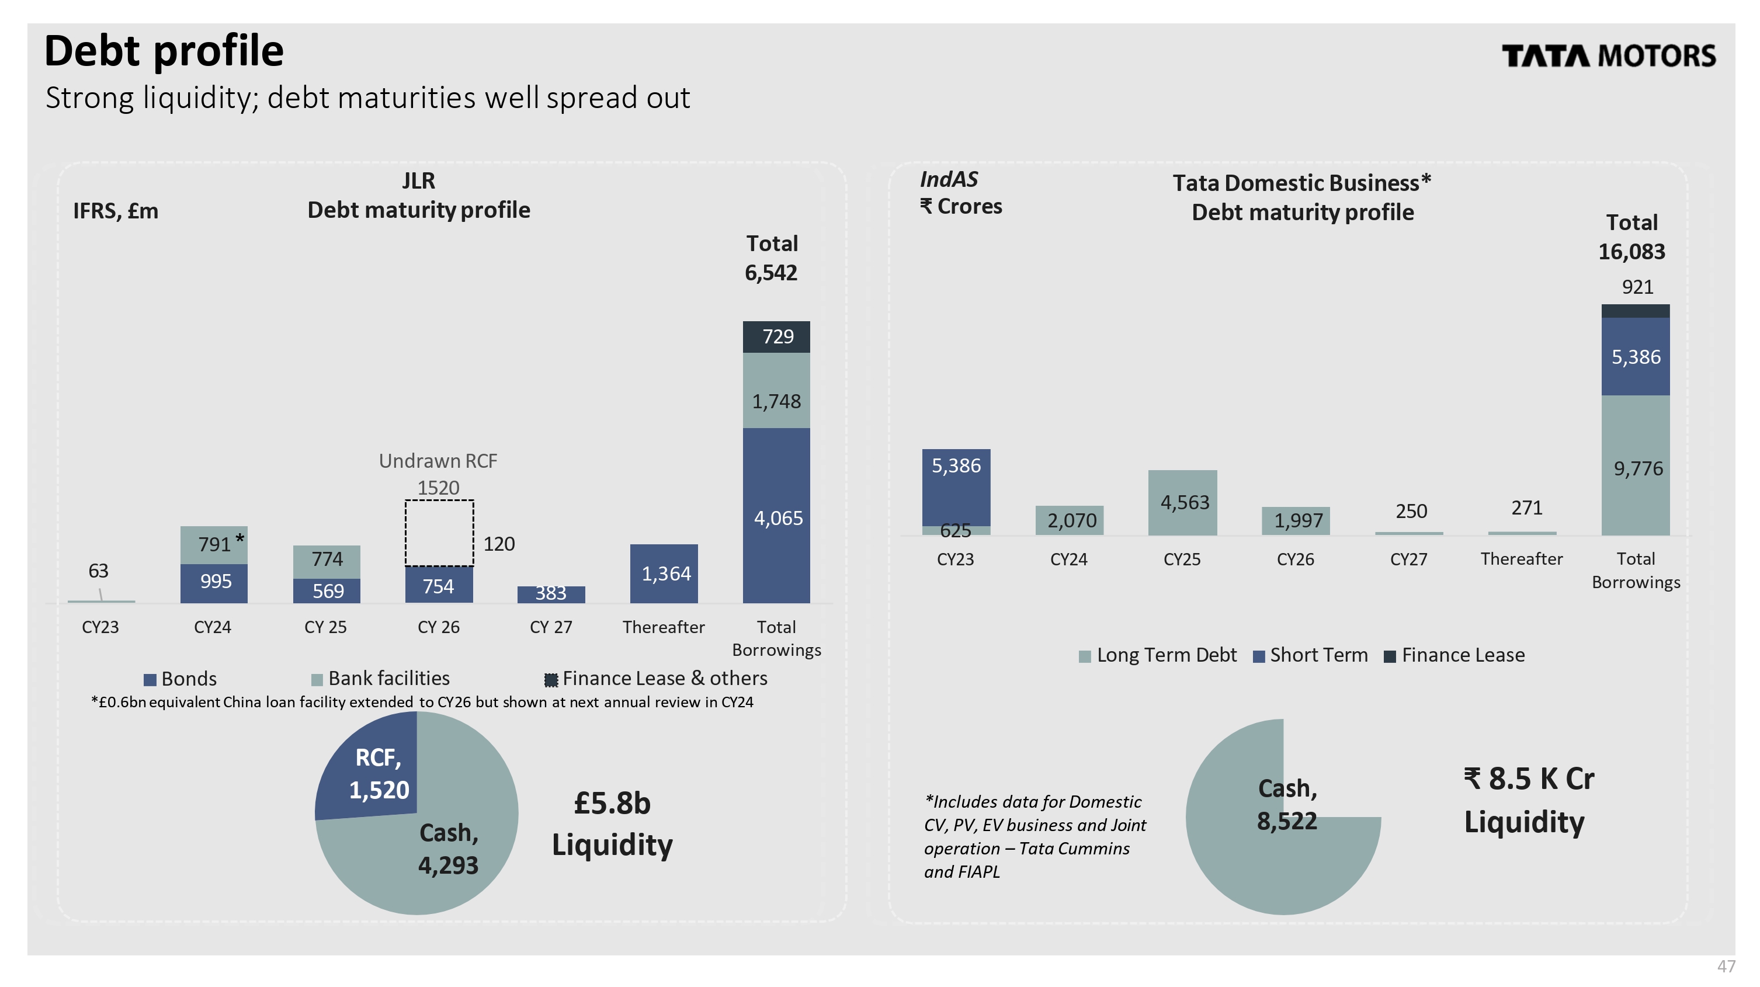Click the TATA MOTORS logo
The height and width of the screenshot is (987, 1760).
click(1608, 56)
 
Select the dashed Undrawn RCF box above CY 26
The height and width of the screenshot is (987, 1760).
click(439, 533)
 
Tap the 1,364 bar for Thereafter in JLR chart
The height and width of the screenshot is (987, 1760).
click(664, 573)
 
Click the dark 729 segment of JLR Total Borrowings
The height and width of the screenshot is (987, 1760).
click(776, 337)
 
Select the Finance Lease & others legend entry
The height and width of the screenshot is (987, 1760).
click(656, 679)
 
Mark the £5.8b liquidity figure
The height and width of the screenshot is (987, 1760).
click(612, 803)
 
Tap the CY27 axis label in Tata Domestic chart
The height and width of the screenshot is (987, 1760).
click(1408, 559)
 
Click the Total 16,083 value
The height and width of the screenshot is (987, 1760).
click(1631, 251)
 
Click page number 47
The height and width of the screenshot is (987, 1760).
click(1726, 967)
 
